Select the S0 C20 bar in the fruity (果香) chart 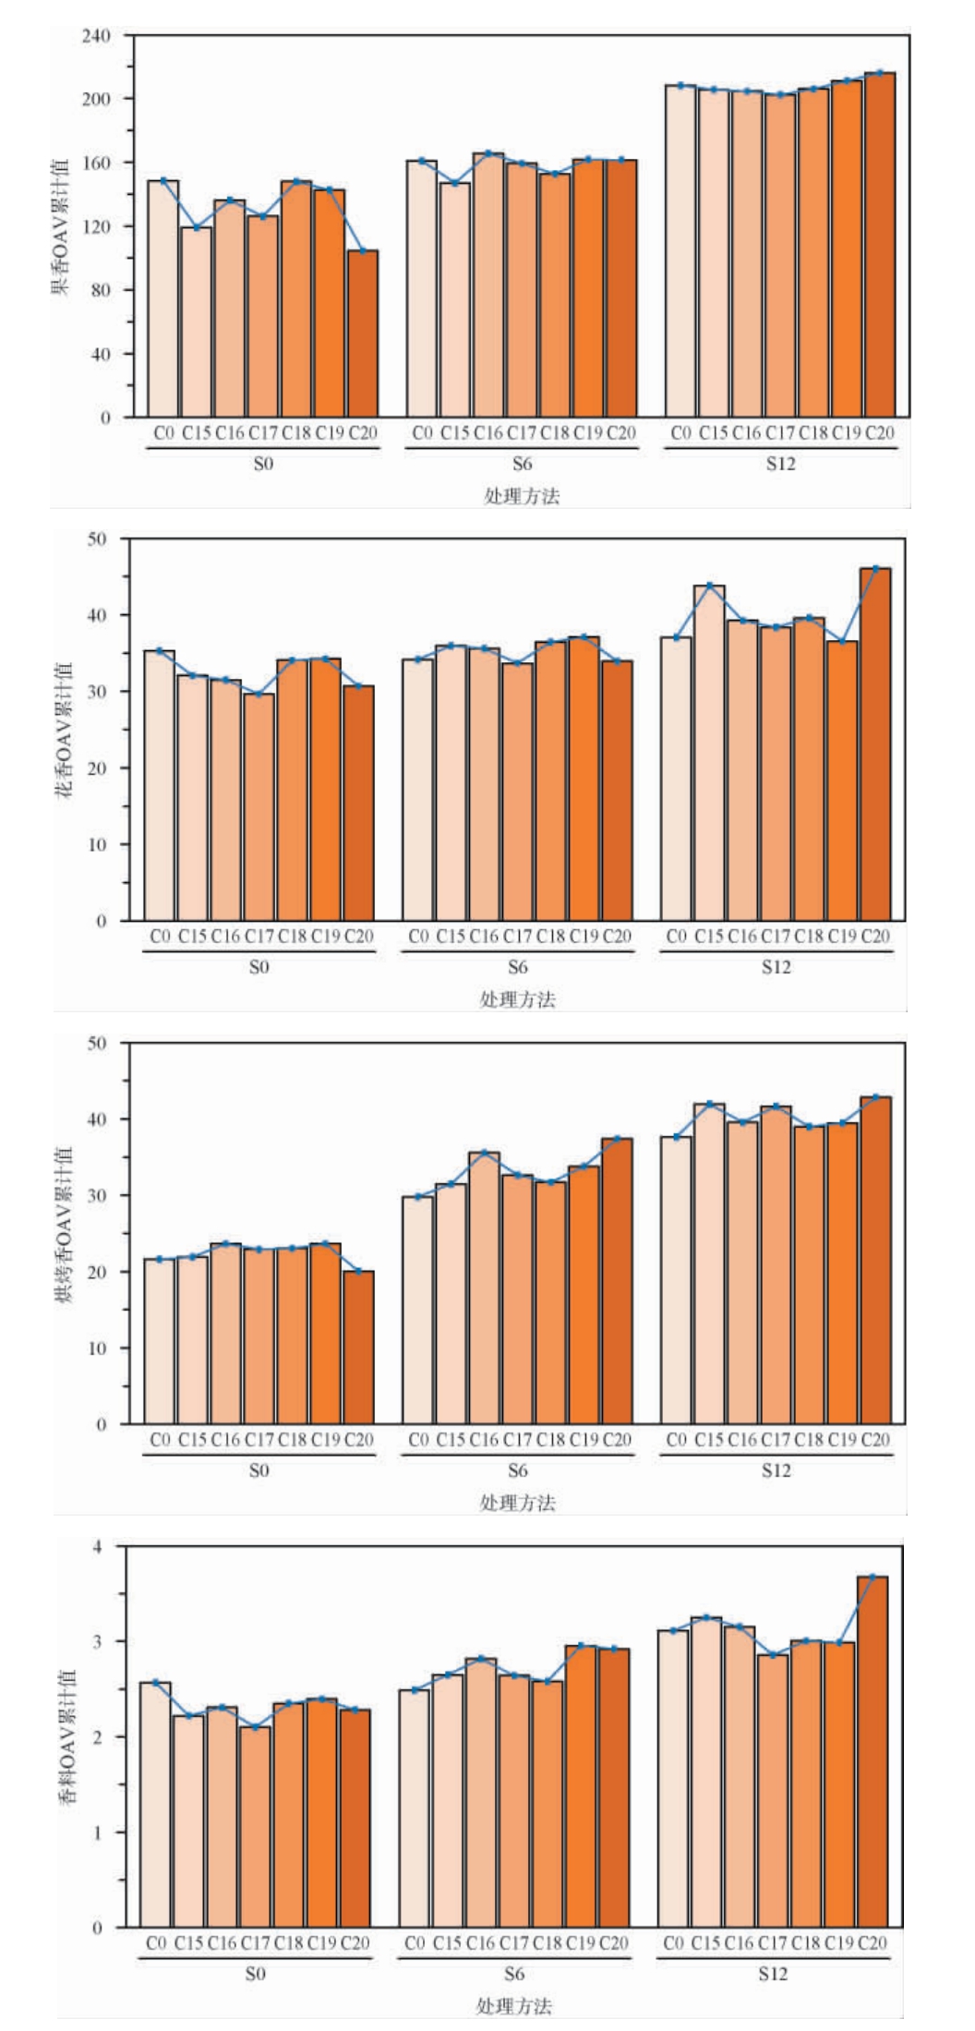363,333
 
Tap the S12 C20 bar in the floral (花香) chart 875,744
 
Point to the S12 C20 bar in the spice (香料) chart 873,1739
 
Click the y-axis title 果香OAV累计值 60,226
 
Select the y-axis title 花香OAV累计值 66,730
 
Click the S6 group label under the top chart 522,464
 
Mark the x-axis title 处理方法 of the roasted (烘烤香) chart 517,1503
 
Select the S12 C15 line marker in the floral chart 710,586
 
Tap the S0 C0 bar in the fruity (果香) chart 163,298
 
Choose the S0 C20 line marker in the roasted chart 359,1272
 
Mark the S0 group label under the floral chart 259,967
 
